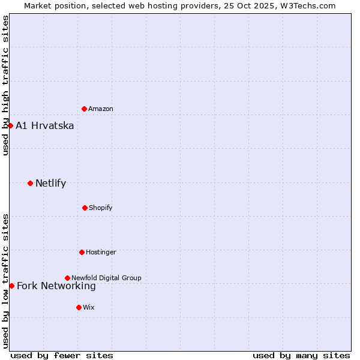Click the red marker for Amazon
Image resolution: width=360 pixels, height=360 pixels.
pos(84,109)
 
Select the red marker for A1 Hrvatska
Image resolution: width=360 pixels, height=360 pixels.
pos(10,125)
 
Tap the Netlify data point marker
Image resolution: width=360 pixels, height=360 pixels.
pos(30,183)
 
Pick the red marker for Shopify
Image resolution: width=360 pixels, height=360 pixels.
pos(85,208)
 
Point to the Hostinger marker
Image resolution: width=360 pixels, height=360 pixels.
pos(82,252)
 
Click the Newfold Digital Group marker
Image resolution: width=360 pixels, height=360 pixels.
pos(67,278)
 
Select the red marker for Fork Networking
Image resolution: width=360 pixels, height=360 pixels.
pos(11,286)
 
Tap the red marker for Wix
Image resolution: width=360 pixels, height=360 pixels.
pos(79,307)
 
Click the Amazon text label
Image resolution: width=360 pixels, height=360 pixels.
pos(101,109)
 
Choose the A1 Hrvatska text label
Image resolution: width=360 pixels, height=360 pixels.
pos(45,126)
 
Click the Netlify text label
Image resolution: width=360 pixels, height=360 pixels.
pos(51,184)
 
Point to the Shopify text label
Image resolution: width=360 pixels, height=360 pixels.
pos(101,208)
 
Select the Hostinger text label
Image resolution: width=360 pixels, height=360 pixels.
pos(101,253)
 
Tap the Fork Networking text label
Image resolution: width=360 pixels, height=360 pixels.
pos(56,286)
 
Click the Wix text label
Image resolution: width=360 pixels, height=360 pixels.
pos(89,308)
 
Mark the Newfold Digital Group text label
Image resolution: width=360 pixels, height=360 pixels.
pos(107,278)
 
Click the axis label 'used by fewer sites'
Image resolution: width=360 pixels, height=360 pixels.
pos(62,355)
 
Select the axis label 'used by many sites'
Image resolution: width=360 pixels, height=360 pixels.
pos(301,355)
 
